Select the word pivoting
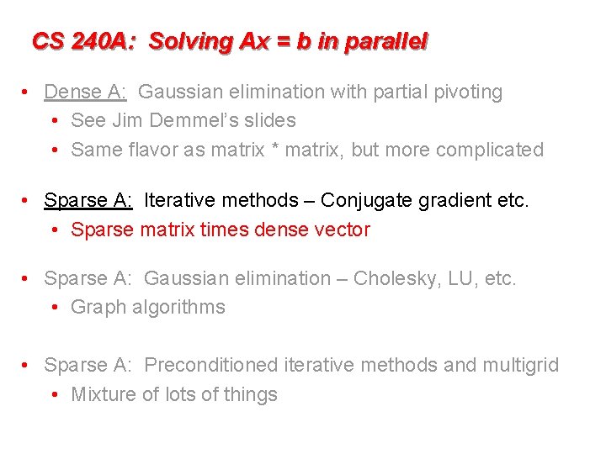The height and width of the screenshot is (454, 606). click(468, 92)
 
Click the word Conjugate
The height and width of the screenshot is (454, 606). click(363, 200)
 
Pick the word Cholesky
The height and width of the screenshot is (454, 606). click(394, 278)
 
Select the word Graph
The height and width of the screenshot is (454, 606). click(95, 308)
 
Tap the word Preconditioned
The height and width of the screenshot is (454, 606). click(210, 365)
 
